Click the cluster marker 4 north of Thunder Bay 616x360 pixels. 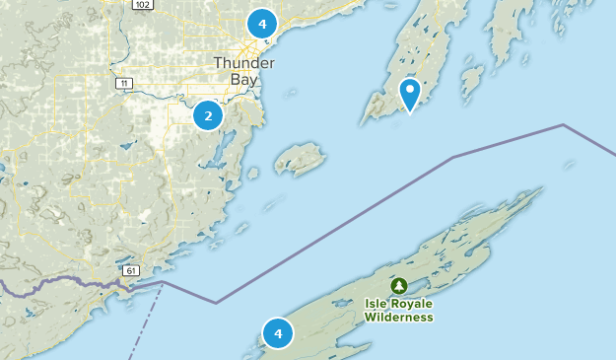pyautogui.click(x=261, y=24)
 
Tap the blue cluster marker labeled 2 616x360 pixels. pyautogui.click(x=207, y=116)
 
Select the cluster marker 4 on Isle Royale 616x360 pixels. pyautogui.click(x=278, y=334)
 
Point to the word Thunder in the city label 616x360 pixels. pyautogui.click(x=243, y=63)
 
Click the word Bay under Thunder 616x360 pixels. pyautogui.click(x=243, y=79)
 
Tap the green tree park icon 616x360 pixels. pyautogui.click(x=398, y=286)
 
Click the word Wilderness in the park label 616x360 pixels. pyautogui.click(x=398, y=317)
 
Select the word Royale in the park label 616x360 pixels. pyautogui.click(x=412, y=304)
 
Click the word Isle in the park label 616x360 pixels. pyautogui.click(x=377, y=304)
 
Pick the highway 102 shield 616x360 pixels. pyautogui.click(x=140, y=4)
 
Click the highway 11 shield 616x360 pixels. pyautogui.click(x=123, y=84)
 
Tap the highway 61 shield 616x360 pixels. pyautogui.click(x=130, y=270)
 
